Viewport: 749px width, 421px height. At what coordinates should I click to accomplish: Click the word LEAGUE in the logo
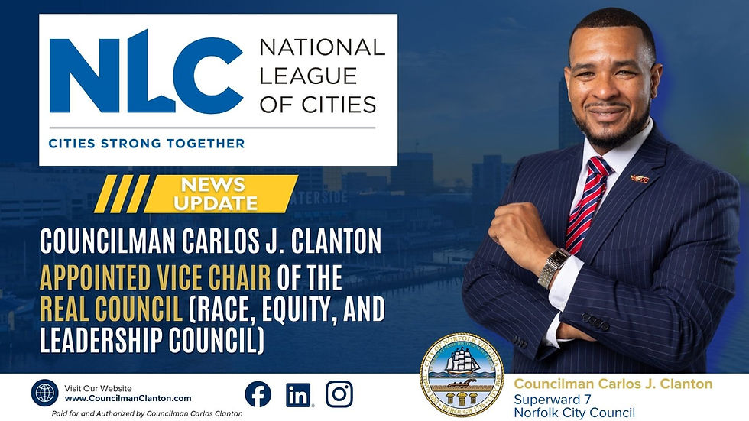coord(307,76)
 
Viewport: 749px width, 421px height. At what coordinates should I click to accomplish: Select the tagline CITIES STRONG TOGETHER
coord(147,143)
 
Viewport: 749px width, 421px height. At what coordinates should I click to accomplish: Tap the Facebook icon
coord(258,393)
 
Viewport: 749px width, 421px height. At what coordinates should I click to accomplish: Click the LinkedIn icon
coord(298,393)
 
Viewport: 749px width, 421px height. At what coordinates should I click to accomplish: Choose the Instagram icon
coord(339,393)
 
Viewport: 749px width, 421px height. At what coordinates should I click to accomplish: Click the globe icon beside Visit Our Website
coord(44,393)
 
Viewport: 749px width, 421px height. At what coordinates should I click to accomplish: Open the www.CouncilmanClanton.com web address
coord(128,398)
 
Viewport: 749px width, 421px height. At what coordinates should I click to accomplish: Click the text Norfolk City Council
coord(574,413)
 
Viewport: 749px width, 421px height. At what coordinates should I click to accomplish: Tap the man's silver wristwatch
coord(553,267)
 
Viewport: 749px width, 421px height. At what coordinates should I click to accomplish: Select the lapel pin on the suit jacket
coord(639,179)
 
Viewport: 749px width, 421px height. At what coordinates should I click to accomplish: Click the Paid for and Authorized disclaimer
coord(136,413)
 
